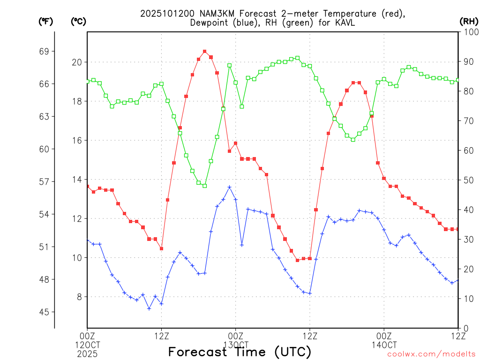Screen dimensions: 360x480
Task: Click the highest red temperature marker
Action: pos(205,51)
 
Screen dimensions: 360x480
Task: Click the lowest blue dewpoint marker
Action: pos(149,308)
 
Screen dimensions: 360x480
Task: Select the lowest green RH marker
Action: pos(205,186)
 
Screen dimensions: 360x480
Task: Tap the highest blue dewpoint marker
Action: pos(230,187)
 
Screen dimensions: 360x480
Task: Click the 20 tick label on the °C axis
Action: pos(77,62)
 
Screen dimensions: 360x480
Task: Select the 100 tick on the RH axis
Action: pos(468,32)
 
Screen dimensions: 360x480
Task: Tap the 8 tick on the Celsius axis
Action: pos(79,297)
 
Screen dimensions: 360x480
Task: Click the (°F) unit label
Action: pos(45,21)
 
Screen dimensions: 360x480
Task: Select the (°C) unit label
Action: pos(78,21)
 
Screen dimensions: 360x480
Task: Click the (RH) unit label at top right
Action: pos(468,21)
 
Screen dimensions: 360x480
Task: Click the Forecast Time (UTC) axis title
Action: pos(240,352)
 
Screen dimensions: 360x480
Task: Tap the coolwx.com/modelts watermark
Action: pos(431,354)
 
